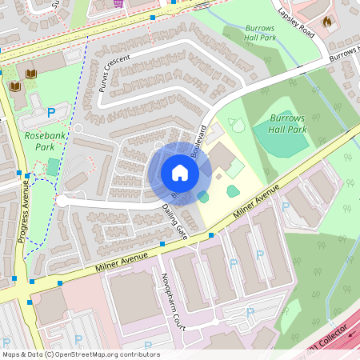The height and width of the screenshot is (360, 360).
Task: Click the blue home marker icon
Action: point(180,173)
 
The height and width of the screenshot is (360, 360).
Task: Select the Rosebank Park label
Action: point(45,142)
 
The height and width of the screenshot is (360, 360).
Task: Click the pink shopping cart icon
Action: point(119,2)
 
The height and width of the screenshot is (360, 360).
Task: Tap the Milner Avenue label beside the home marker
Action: point(256,202)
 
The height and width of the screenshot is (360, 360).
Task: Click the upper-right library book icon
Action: point(31,74)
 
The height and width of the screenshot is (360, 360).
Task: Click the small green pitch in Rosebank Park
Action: point(53,166)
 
